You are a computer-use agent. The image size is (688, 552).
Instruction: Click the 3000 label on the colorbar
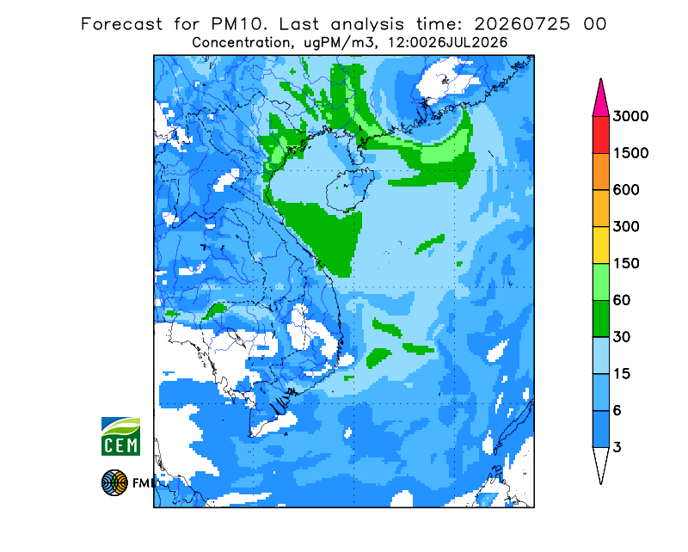pyautogui.click(x=630, y=116)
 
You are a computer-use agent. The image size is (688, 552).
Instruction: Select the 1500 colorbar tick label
pyautogui.click(x=630, y=153)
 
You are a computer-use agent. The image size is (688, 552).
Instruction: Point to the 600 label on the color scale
pyautogui.click(x=626, y=190)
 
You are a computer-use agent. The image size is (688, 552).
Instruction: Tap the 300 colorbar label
pyautogui.click(x=626, y=227)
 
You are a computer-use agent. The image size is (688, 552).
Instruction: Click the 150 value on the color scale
pyautogui.click(x=626, y=264)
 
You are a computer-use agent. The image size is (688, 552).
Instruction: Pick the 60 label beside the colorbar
pyautogui.click(x=622, y=301)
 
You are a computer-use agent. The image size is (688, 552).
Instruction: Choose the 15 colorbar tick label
pyautogui.click(x=622, y=374)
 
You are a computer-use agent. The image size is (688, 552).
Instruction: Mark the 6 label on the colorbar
pyautogui.click(x=617, y=411)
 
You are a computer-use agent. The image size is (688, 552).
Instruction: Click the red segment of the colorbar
pyautogui.click(x=600, y=135)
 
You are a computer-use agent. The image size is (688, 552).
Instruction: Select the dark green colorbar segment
pyautogui.click(x=600, y=319)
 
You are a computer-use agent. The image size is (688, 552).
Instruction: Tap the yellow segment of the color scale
pyautogui.click(x=600, y=245)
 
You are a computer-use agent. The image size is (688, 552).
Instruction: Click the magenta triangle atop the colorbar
pyautogui.click(x=600, y=101)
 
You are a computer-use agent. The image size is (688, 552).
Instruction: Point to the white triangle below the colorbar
pyautogui.click(x=600, y=463)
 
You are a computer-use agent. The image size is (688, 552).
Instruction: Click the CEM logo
pyautogui.click(x=120, y=436)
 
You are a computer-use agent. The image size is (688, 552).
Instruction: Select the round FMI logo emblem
pyautogui.click(x=114, y=482)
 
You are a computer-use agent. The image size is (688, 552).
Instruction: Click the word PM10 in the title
pyautogui.click(x=238, y=24)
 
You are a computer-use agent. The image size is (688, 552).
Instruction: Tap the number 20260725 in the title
pyautogui.click(x=522, y=24)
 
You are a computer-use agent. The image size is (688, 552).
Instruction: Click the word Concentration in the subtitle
pyautogui.click(x=241, y=43)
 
